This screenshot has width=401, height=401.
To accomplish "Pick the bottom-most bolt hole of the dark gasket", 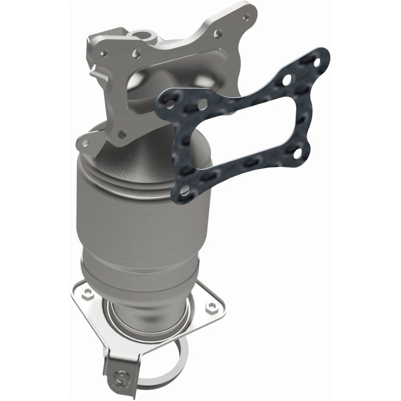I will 184,190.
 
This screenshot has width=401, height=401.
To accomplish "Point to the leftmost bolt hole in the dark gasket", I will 170,103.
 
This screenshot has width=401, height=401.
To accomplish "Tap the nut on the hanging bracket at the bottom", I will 119,372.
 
